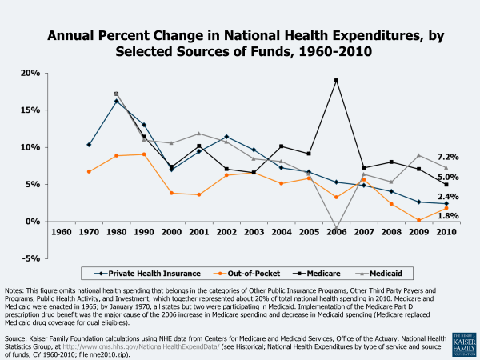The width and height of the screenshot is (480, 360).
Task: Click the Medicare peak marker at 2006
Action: pos(336,80)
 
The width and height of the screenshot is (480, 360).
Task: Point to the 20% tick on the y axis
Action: pos(29,73)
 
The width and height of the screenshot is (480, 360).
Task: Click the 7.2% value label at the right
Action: pos(448,157)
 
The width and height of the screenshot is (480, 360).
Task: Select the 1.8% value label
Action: pos(448,216)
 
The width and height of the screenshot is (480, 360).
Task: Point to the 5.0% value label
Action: pos(448,177)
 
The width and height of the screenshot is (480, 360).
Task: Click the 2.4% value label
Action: pos(448,197)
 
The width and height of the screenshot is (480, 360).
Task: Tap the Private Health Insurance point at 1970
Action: pos(89,145)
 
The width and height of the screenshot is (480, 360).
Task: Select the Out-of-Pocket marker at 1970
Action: pos(89,171)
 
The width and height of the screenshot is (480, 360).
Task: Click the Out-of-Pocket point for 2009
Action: pos(418,220)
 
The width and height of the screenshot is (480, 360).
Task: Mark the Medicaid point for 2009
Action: pos(418,155)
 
